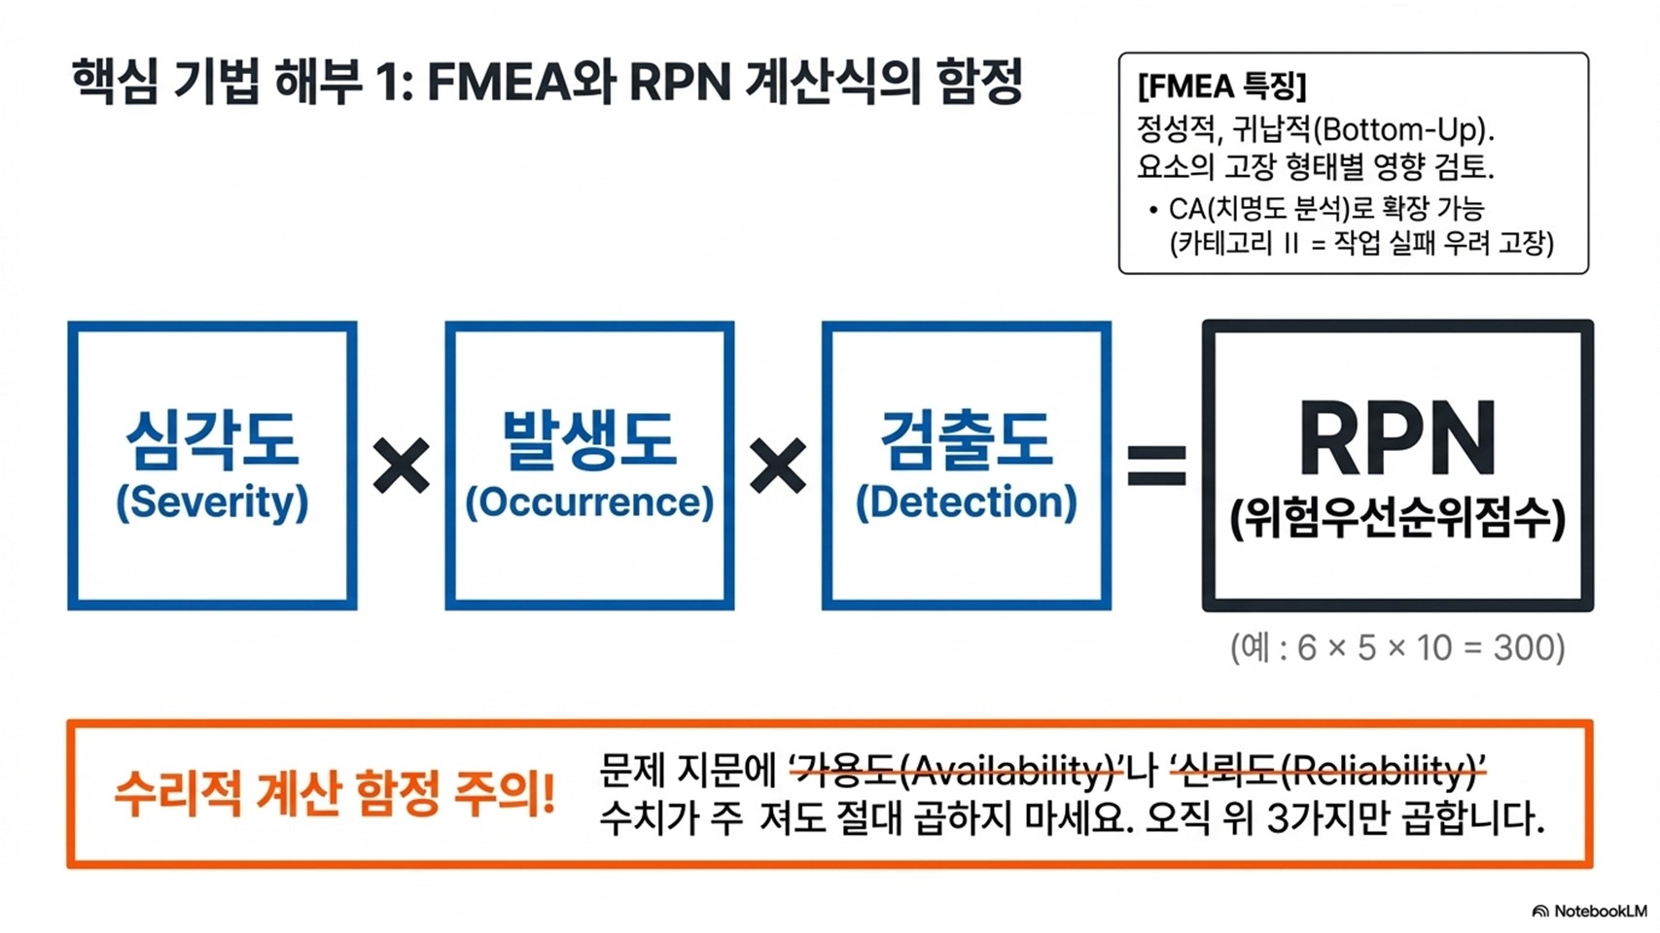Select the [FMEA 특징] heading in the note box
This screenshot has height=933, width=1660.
(1221, 86)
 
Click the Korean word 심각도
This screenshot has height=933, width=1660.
(212, 439)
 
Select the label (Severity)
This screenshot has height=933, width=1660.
(212, 501)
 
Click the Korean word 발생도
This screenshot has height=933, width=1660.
(589, 439)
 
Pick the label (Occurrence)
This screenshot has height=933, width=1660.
(589, 501)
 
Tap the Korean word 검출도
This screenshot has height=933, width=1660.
(966, 439)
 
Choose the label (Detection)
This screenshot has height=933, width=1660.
(966, 501)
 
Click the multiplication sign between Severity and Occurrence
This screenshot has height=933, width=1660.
(401, 466)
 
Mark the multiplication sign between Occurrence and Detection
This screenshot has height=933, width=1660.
(778, 466)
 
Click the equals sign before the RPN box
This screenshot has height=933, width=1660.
(1156, 466)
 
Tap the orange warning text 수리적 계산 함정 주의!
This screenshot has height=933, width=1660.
(335, 793)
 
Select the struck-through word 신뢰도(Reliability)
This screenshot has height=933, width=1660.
(1327, 772)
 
